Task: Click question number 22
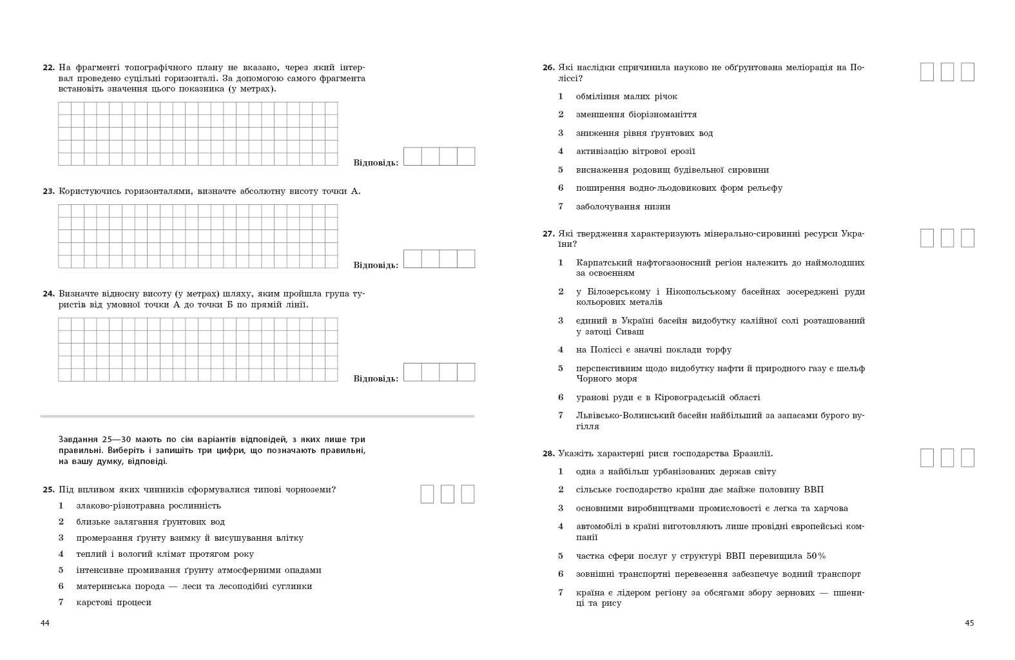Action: click(48, 68)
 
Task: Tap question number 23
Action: click(48, 191)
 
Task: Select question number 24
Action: click(48, 294)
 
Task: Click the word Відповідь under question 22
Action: click(376, 162)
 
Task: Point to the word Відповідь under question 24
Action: click(376, 378)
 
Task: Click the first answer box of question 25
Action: click(427, 494)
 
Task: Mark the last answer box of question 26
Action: click(967, 72)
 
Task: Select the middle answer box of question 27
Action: click(947, 238)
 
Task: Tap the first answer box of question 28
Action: click(927, 458)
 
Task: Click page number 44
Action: click(44, 623)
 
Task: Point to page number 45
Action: click(969, 623)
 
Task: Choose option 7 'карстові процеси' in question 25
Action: click(113, 603)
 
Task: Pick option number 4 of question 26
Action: click(561, 151)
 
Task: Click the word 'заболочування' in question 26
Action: click(604, 207)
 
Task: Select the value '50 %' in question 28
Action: click(815, 556)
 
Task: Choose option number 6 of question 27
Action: click(561, 398)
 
